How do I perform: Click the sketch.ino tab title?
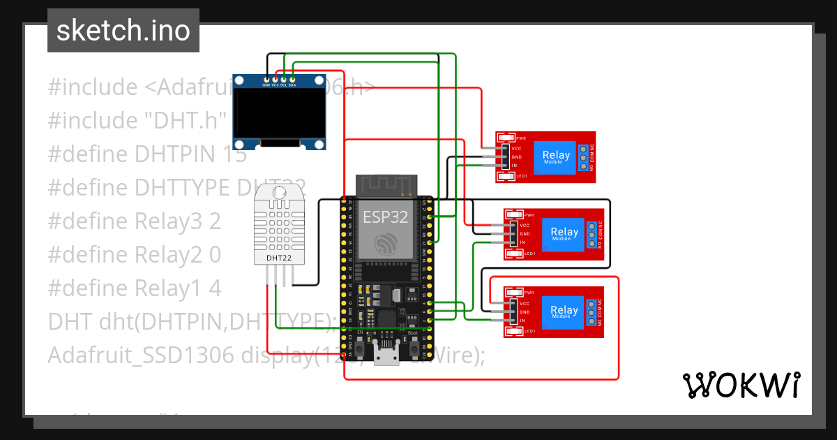coord(123,31)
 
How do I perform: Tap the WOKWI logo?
coord(740,386)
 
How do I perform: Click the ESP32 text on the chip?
coord(385,217)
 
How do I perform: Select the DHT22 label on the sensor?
coord(279,258)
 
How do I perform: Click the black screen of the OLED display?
coord(279,115)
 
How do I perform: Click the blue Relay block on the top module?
coord(556,157)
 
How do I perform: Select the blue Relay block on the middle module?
coord(564,234)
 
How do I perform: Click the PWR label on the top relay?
coord(520,138)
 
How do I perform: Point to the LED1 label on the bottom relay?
coord(529,330)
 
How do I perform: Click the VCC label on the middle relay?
coord(524,226)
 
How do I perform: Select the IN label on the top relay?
coord(514,166)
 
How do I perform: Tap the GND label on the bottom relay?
coord(525,312)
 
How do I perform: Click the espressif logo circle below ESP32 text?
coord(385,243)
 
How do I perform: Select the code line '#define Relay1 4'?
coord(134,288)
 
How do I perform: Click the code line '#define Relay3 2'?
coord(134,221)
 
